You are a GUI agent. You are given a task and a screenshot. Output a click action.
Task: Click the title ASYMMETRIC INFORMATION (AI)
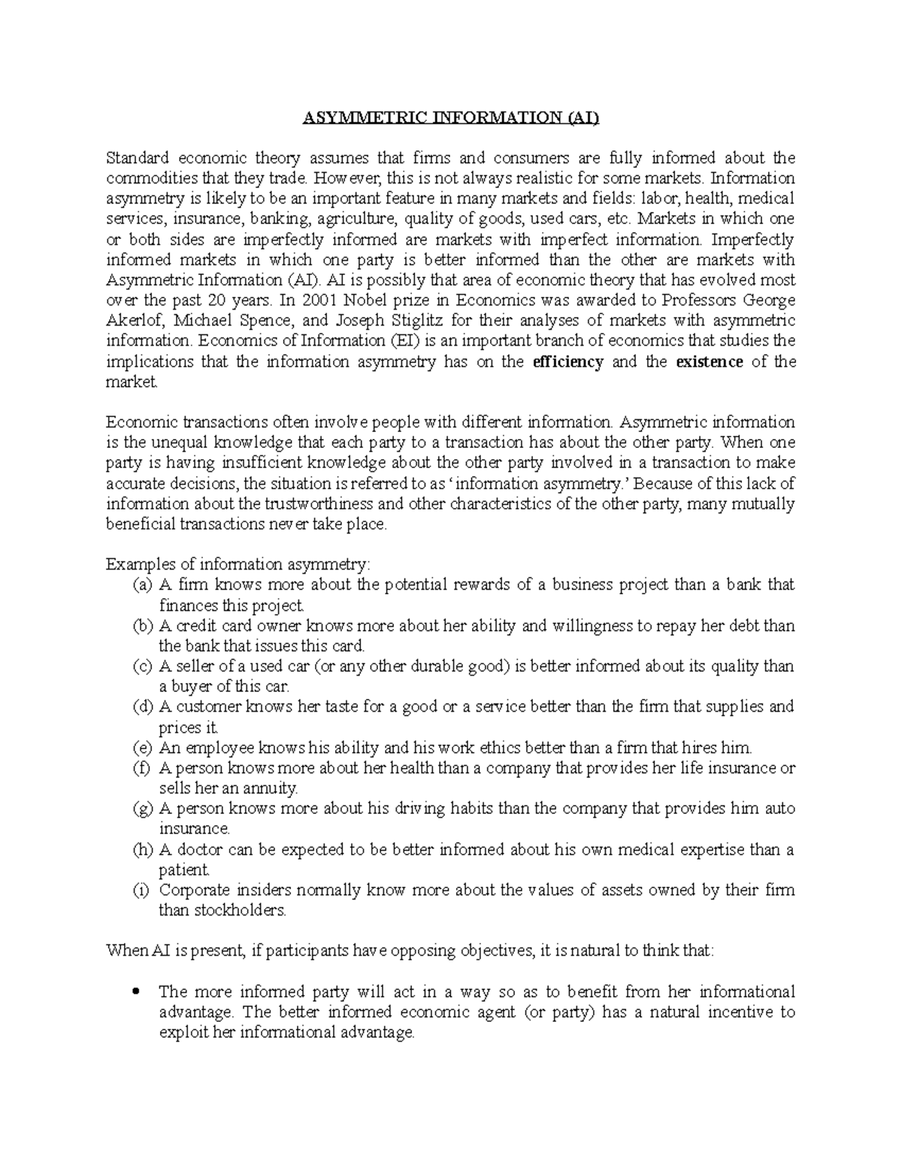click(452, 117)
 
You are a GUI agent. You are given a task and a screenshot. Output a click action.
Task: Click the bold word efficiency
click(568, 361)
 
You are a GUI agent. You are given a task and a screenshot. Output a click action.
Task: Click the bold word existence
click(710, 361)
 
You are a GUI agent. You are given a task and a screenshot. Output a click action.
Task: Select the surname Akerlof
click(134, 321)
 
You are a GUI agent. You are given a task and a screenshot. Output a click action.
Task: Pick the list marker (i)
click(141, 890)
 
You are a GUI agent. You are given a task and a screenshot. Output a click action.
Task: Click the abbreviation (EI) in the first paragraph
click(402, 341)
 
